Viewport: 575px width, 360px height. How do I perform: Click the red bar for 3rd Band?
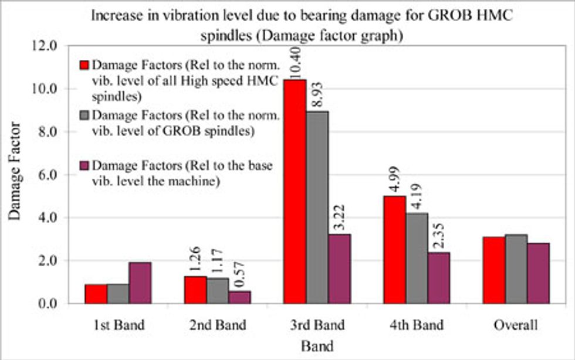click(x=295, y=193)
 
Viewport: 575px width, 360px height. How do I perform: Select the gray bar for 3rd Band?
click(x=317, y=208)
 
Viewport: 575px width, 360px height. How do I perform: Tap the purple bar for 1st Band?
click(x=140, y=283)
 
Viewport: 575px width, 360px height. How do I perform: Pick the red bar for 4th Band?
click(x=394, y=249)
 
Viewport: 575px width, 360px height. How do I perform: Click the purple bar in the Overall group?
click(x=538, y=273)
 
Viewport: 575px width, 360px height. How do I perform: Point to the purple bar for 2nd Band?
click(x=239, y=297)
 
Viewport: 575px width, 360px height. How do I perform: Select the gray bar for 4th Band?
click(x=417, y=258)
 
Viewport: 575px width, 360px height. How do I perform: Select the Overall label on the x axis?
click(x=516, y=324)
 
